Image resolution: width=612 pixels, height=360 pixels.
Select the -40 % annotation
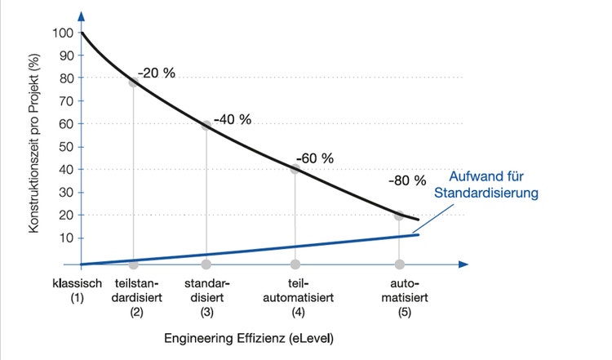click(232, 119)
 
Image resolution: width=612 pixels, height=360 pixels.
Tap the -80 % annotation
click(408, 180)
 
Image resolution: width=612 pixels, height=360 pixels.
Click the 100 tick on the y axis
click(61, 33)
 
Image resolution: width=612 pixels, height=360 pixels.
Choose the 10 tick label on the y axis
click(64, 238)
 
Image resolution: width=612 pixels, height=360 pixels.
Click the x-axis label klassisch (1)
click(75, 291)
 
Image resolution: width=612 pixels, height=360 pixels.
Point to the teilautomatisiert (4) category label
click(295, 297)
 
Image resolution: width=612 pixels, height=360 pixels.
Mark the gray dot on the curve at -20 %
click(134, 82)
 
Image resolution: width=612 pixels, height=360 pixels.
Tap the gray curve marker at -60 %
click(295, 170)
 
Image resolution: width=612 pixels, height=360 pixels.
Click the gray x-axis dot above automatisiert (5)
click(399, 264)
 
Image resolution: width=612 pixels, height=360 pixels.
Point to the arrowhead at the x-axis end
click(463, 264)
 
